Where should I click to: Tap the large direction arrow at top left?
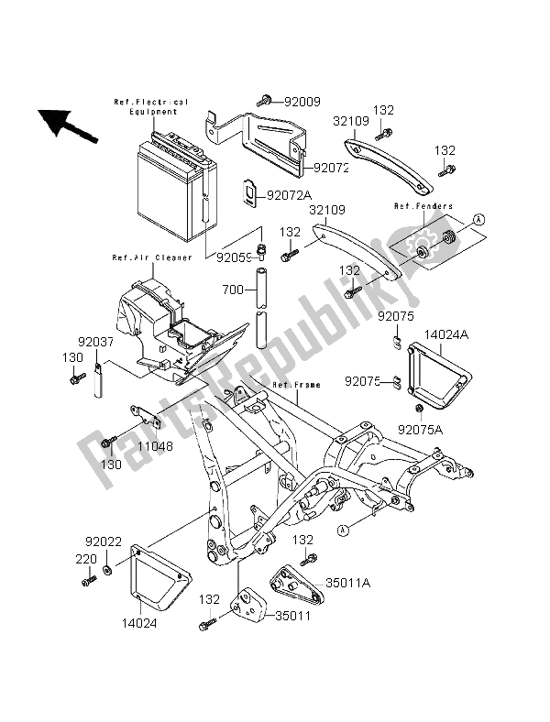(66, 124)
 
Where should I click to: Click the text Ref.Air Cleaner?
(152, 258)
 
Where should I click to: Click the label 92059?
(234, 257)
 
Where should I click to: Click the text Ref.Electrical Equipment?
(151, 106)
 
